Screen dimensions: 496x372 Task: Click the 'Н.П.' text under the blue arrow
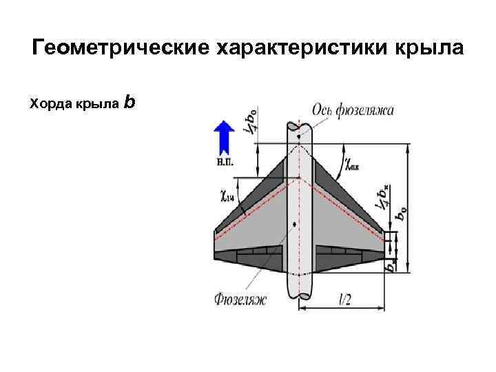pyautogui.click(x=224, y=163)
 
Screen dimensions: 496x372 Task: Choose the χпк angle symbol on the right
pyautogui.click(x=353, y=165)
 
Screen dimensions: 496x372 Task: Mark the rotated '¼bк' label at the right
pyautogui.click(x=382, y=196)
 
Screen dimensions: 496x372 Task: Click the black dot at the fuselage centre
pyautogui.click(x=295, y=224)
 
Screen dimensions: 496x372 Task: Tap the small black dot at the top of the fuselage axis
pyautogui.click(x=299, y=136)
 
